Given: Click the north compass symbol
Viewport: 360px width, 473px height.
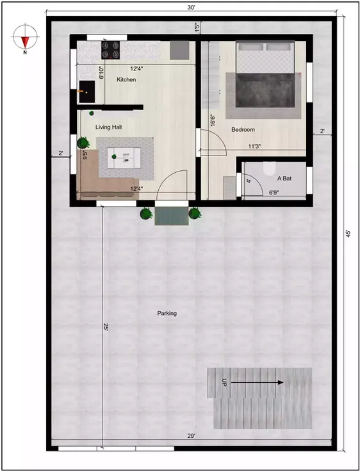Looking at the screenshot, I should click(24, 38).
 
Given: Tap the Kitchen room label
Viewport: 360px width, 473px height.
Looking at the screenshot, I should click(126, 79).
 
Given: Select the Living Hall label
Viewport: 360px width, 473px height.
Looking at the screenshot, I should click(109, 127).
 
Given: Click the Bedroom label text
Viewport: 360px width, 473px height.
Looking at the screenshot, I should click(243, 130).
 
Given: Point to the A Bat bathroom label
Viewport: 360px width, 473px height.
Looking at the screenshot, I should click(284, 179).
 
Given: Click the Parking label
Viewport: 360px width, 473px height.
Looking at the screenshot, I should click(167, 313).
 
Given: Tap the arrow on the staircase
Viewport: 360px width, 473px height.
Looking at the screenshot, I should click(256, 383).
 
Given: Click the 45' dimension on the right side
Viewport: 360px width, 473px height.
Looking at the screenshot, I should click(348, 234).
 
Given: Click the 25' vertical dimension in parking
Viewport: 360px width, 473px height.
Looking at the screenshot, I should click(105, 327).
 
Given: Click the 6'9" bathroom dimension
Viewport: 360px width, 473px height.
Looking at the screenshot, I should click(274, 192).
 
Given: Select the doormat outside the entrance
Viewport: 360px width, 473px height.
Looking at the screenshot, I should click(171, 216).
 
